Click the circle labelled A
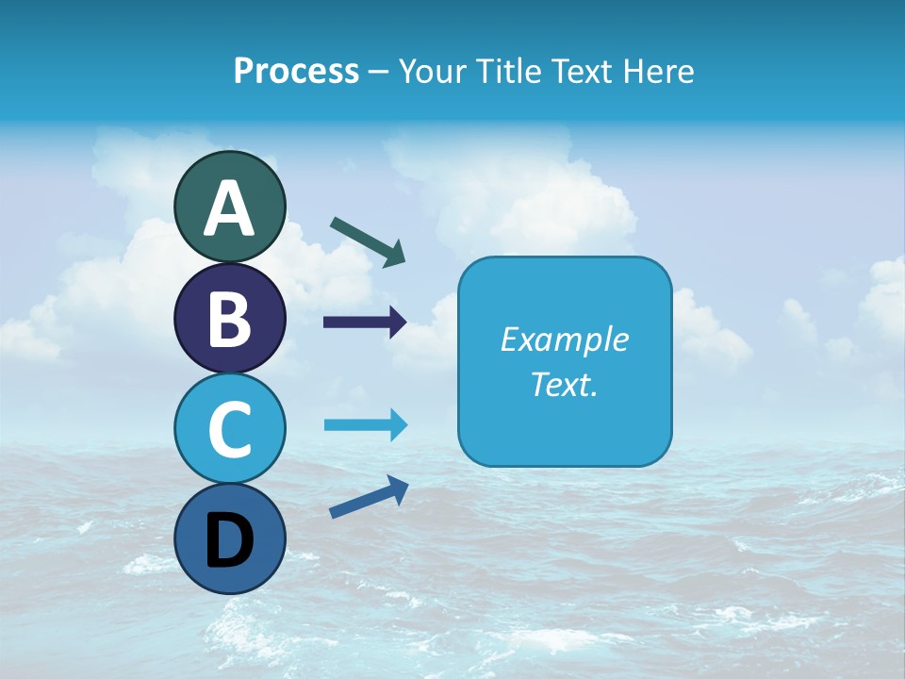(x=229, y=207)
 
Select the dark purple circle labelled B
(x=229, y=318)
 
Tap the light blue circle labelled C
(x=229, y=428)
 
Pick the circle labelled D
(x=229, y=538)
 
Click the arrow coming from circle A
(x=368, y=241)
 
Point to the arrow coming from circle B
(x=365, y=322)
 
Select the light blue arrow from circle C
(x=365, y=425)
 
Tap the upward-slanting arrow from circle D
(x=369, y=496)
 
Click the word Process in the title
(x=296, y=72)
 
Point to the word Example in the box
(x=564, y=339)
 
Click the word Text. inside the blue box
(x=564, y=384)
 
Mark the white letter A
(x=229, y=208)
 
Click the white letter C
(x=229, y=429)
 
